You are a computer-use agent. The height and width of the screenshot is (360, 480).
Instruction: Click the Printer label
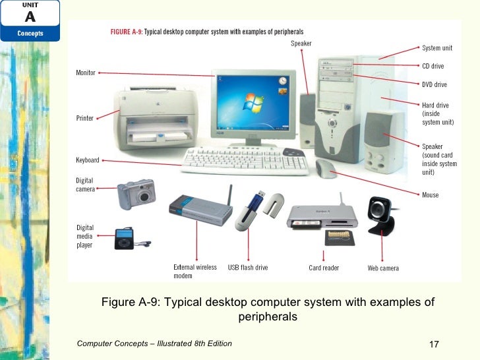(x=85, y=119)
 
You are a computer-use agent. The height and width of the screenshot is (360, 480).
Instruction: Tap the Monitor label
(x=86, y=73)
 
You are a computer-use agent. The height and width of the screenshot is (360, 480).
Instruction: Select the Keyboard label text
(x=88, y=160)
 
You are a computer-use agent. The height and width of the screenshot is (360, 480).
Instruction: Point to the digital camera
(x=136, y=194)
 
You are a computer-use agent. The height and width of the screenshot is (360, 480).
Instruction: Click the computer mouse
(x=326, y=169)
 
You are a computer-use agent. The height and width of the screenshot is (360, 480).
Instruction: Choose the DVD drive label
(x=435, y=84)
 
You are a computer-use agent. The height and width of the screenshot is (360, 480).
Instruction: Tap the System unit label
(x=437, y=48)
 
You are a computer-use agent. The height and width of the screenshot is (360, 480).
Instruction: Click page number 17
(x=433, y=345)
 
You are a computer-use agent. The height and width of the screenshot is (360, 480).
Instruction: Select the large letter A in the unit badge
(x=30, y=17)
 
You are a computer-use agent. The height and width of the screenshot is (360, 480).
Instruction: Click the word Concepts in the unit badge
(x=30, y=34)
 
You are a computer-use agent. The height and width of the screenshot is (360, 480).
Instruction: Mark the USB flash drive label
(x=248, y=268)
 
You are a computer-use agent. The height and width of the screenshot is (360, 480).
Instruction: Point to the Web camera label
(x=383, y=268)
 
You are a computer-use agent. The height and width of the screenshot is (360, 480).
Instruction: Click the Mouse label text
(x=430, y=195)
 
